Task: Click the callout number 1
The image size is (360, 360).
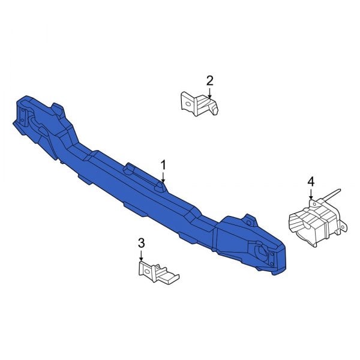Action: click(x=162, y=164)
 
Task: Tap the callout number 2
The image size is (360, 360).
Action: click(x=209, y=80)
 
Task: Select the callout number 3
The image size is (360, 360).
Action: click(x=142, y=243)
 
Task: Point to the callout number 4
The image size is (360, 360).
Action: click(x=311, y=181)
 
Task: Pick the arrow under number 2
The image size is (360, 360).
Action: click(x=209, y=93)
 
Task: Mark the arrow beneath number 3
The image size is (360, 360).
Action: click(x=142, y=256)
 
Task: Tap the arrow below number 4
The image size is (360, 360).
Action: click(x=311, y=194)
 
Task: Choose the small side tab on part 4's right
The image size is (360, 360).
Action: click(x=344, y=226)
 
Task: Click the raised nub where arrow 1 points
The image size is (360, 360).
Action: click(x=161, y=187)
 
